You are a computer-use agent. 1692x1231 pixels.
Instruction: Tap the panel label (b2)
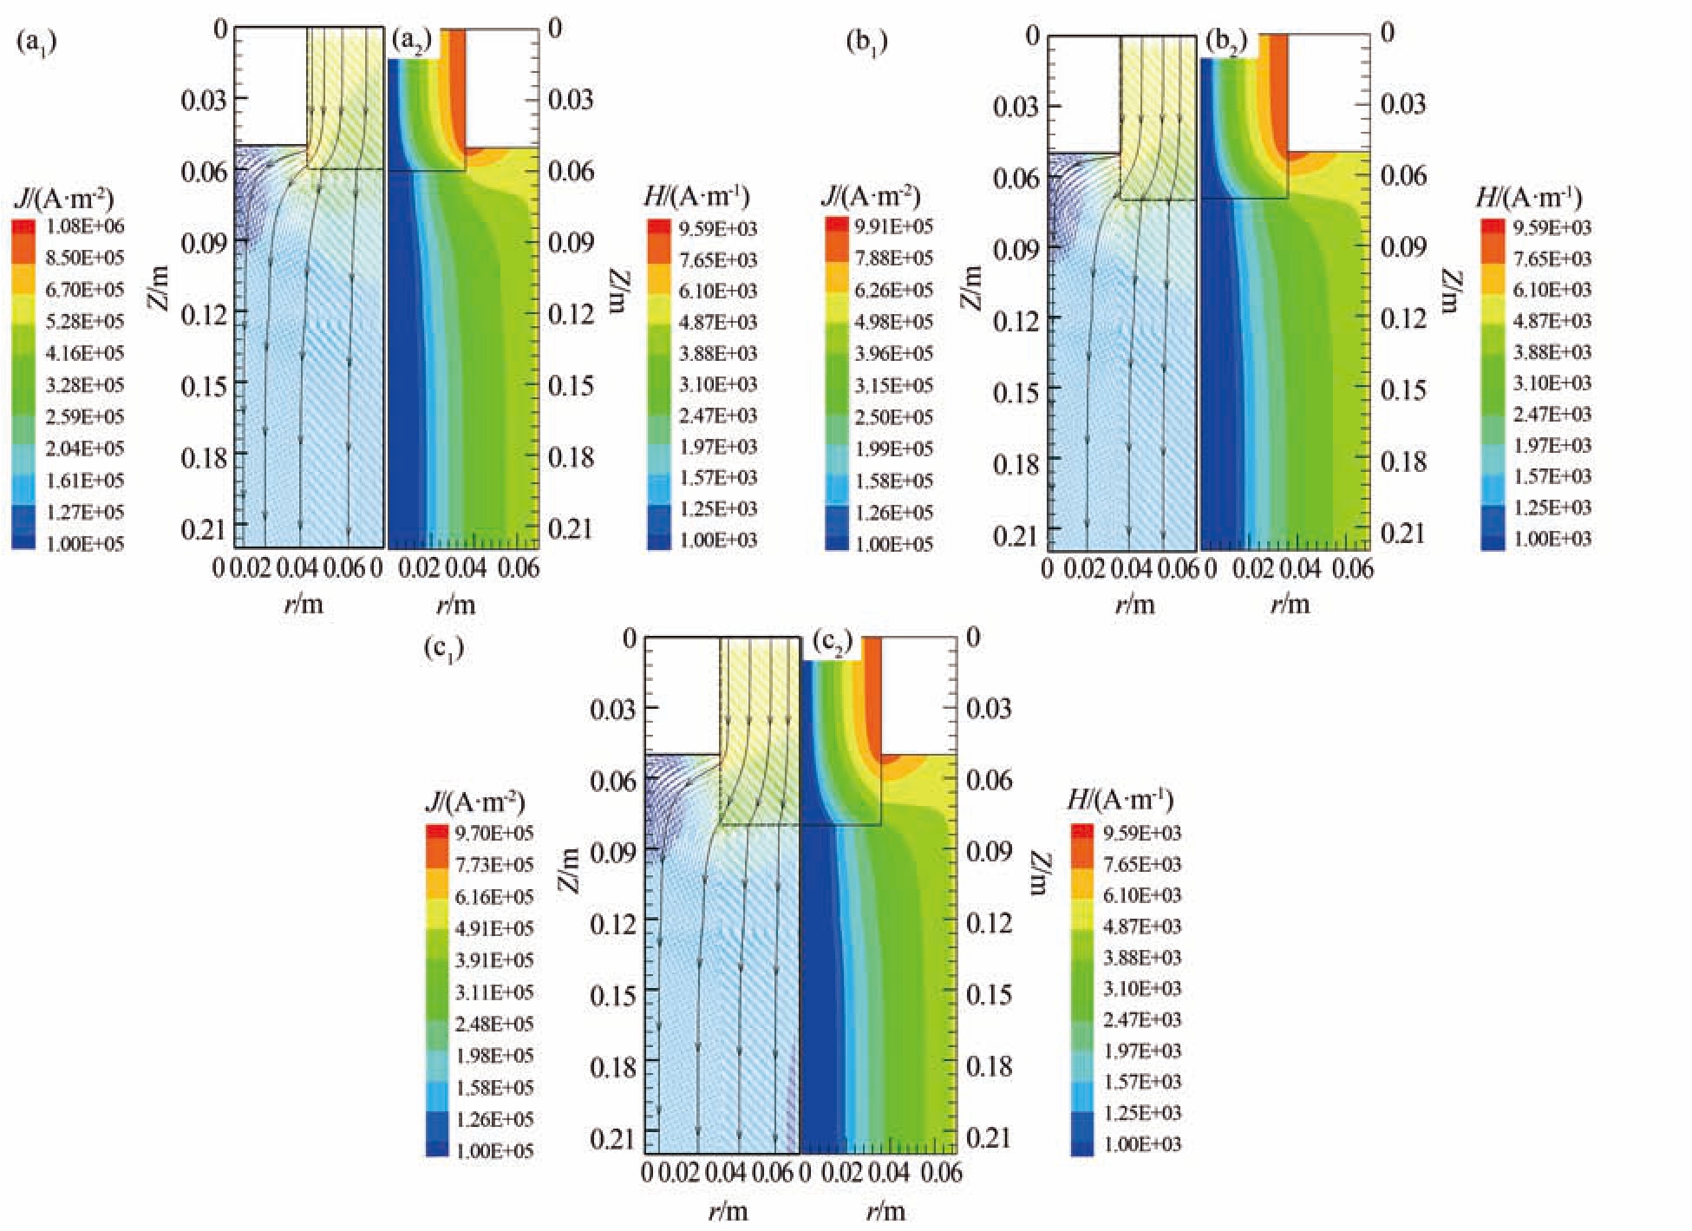click(1226, 42)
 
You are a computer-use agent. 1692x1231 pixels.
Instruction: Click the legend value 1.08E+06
click(84, 226)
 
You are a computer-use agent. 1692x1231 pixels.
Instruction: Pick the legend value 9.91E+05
click(893, 226)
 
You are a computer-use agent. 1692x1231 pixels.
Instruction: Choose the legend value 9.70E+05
click(493, 834)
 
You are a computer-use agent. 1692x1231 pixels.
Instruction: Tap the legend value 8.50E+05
click(84, 258)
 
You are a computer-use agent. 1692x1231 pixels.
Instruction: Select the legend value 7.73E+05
click(493, 865)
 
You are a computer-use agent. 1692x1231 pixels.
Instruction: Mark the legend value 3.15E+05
click(893, 385)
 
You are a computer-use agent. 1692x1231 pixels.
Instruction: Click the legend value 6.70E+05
click(84, 290)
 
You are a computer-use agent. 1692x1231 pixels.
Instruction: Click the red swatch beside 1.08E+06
click(24, 226)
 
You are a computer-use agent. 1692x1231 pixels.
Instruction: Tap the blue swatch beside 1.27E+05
click(24, 512)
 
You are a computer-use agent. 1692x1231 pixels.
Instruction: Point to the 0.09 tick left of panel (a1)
click(203, 243)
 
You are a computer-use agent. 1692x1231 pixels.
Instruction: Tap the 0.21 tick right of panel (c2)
click(989, 1137)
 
